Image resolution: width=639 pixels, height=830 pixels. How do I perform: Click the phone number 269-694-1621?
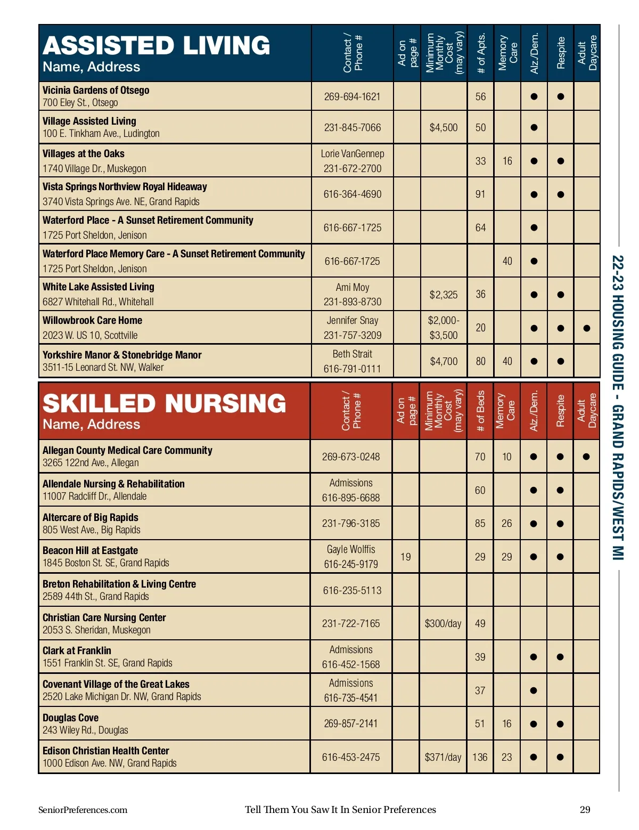(352, 96)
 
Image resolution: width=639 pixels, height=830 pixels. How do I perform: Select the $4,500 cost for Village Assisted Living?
(444, 127)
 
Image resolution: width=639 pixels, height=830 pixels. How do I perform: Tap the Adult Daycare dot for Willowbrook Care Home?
(587, 328)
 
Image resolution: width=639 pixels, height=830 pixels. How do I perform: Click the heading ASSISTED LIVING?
(157, 46)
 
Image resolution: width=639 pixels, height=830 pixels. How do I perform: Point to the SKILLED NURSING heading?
(164, 403)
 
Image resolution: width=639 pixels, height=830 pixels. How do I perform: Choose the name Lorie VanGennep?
(352, 153)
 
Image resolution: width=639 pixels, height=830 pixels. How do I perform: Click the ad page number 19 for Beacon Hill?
(406, 557)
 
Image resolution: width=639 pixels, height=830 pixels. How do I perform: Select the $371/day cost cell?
(443, 757)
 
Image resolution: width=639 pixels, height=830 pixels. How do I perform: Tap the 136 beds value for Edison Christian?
(480, 757)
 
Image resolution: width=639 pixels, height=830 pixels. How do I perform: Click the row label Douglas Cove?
(70, 718)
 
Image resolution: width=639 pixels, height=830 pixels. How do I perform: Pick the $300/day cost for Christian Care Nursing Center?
(443, 623)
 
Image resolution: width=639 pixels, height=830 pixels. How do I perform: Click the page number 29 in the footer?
(585, 810)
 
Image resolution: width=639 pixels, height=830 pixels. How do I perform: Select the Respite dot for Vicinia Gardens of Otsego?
(560, 96)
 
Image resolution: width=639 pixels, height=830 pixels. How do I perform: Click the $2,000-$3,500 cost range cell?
(444, 328)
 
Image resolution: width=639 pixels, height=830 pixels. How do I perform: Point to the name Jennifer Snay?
(352, 320)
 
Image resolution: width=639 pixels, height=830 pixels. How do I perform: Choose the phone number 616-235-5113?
(352, 590)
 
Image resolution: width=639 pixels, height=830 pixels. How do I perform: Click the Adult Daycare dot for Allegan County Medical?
(586, 457)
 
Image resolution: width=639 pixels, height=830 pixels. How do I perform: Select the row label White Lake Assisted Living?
(99, 287)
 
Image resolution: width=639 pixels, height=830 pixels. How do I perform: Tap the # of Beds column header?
(480, 411)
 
